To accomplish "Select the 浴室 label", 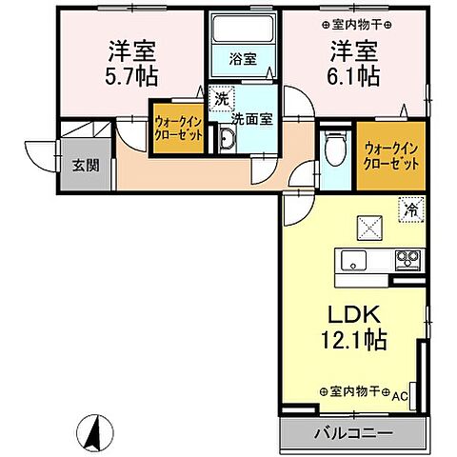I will pos(241,58).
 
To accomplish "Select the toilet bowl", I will pos(332,148).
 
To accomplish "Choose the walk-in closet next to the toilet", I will pos(391,154).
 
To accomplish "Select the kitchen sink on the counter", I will pos(348,260).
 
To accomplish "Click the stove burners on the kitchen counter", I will pos(409,258).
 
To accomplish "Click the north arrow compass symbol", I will pos(94,434).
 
